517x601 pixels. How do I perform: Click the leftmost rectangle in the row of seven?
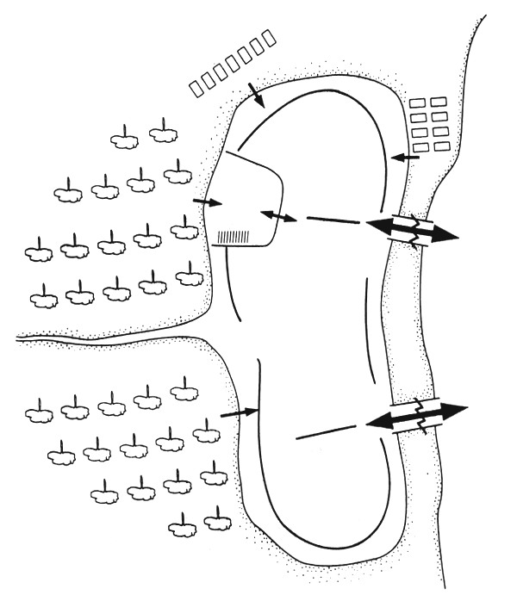click(x=196, y=87)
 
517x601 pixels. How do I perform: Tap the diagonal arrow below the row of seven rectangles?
click(x=256, y=96)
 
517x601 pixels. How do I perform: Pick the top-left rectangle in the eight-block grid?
click(x=417, y=103)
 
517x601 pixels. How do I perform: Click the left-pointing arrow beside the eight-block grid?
click(x=405, y=158)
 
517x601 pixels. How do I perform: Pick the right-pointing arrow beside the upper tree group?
click(x=208, y=202)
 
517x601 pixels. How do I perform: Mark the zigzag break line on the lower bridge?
click(x=422, y=416)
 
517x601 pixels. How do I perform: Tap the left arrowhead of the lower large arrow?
click(x=379, y=423)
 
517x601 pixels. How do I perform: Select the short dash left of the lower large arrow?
click(x=326, y=430)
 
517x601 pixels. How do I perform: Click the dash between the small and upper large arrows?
click(x=333, y=219)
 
